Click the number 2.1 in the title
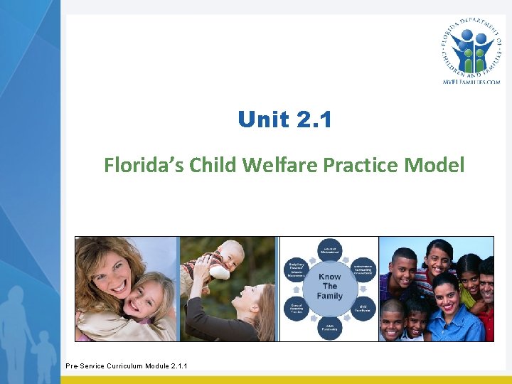[x=313, y=119]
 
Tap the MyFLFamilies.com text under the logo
[x=471, y=82]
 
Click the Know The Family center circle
[x=329, y=287]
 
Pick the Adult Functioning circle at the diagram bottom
[x=329, y=329]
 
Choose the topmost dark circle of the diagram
[x=329, y=247]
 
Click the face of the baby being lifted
[x=230, y=255]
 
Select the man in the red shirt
[x=486, y=299]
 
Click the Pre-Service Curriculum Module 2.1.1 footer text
[x=127, y=366]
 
